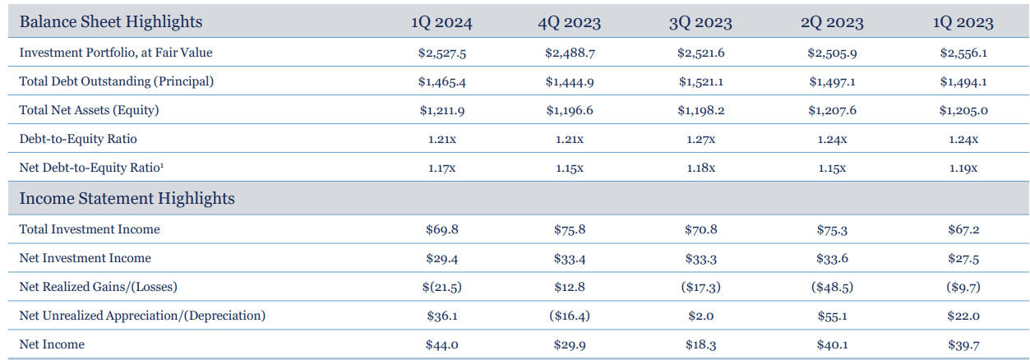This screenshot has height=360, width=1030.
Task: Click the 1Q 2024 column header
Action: [441, 22]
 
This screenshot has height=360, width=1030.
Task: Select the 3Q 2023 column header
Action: [700, 22]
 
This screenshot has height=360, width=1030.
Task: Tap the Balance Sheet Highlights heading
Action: [111, 21]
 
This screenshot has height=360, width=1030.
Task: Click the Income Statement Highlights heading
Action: [127, 199]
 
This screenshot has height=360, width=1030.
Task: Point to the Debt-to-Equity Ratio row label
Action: [78, 139]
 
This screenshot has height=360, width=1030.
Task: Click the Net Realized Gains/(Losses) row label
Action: [99, 287]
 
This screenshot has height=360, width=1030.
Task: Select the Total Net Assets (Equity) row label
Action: [89, 110]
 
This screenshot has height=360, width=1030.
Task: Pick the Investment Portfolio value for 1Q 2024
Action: [441, 53]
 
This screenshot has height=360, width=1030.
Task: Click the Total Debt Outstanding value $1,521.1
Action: [700, 81]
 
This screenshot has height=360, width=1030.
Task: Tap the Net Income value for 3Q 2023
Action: [700, 344]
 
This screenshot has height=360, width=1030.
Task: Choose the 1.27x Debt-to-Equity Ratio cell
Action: [700, 139]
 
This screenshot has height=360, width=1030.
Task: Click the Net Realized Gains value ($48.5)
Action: [832, 287]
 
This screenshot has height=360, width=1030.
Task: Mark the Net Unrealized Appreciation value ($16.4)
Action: [569, 316]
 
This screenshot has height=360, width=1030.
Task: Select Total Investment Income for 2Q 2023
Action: [832, 229]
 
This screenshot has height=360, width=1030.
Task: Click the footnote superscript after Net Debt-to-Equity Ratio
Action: [162, 165]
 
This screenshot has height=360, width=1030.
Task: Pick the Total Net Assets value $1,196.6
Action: [569, 110]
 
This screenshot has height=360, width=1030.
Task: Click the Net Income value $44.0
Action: [441, 344]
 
